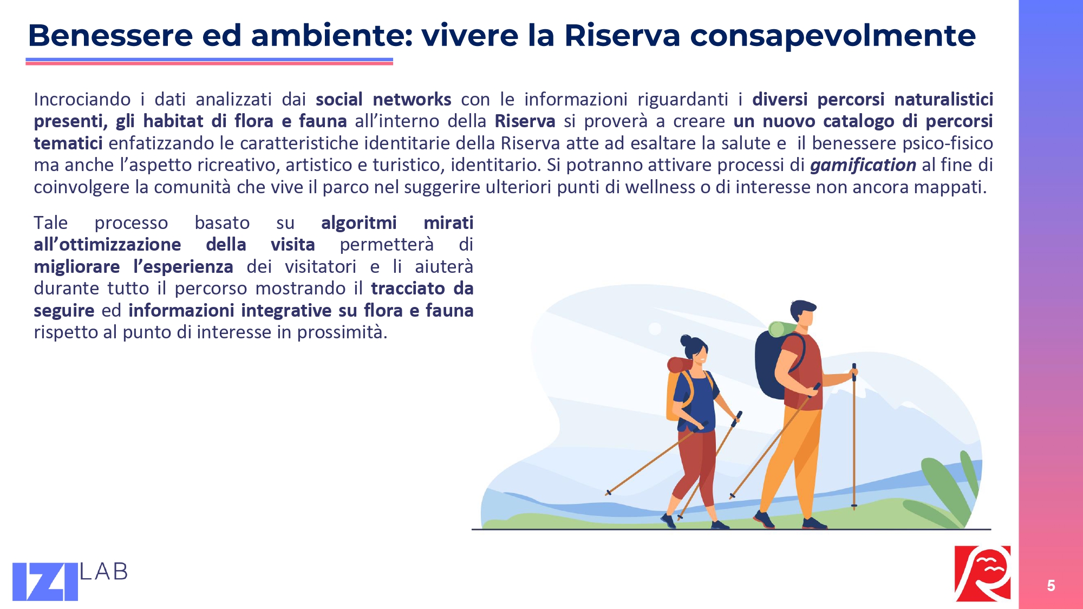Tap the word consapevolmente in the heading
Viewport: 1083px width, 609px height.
click(833, 36)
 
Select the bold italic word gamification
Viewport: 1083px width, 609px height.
click(863, 165)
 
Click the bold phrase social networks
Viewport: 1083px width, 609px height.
click(383, 99)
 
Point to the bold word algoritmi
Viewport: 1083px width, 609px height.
click(358, 223)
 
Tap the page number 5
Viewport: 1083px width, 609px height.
click(1051, 585)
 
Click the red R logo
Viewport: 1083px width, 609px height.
click(982, 573)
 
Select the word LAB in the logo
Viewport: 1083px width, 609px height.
click(104, 572)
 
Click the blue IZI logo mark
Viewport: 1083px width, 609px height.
click(45, 581)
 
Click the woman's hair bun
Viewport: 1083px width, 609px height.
click(686, 341)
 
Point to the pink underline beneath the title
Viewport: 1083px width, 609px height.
click(209, 63)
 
